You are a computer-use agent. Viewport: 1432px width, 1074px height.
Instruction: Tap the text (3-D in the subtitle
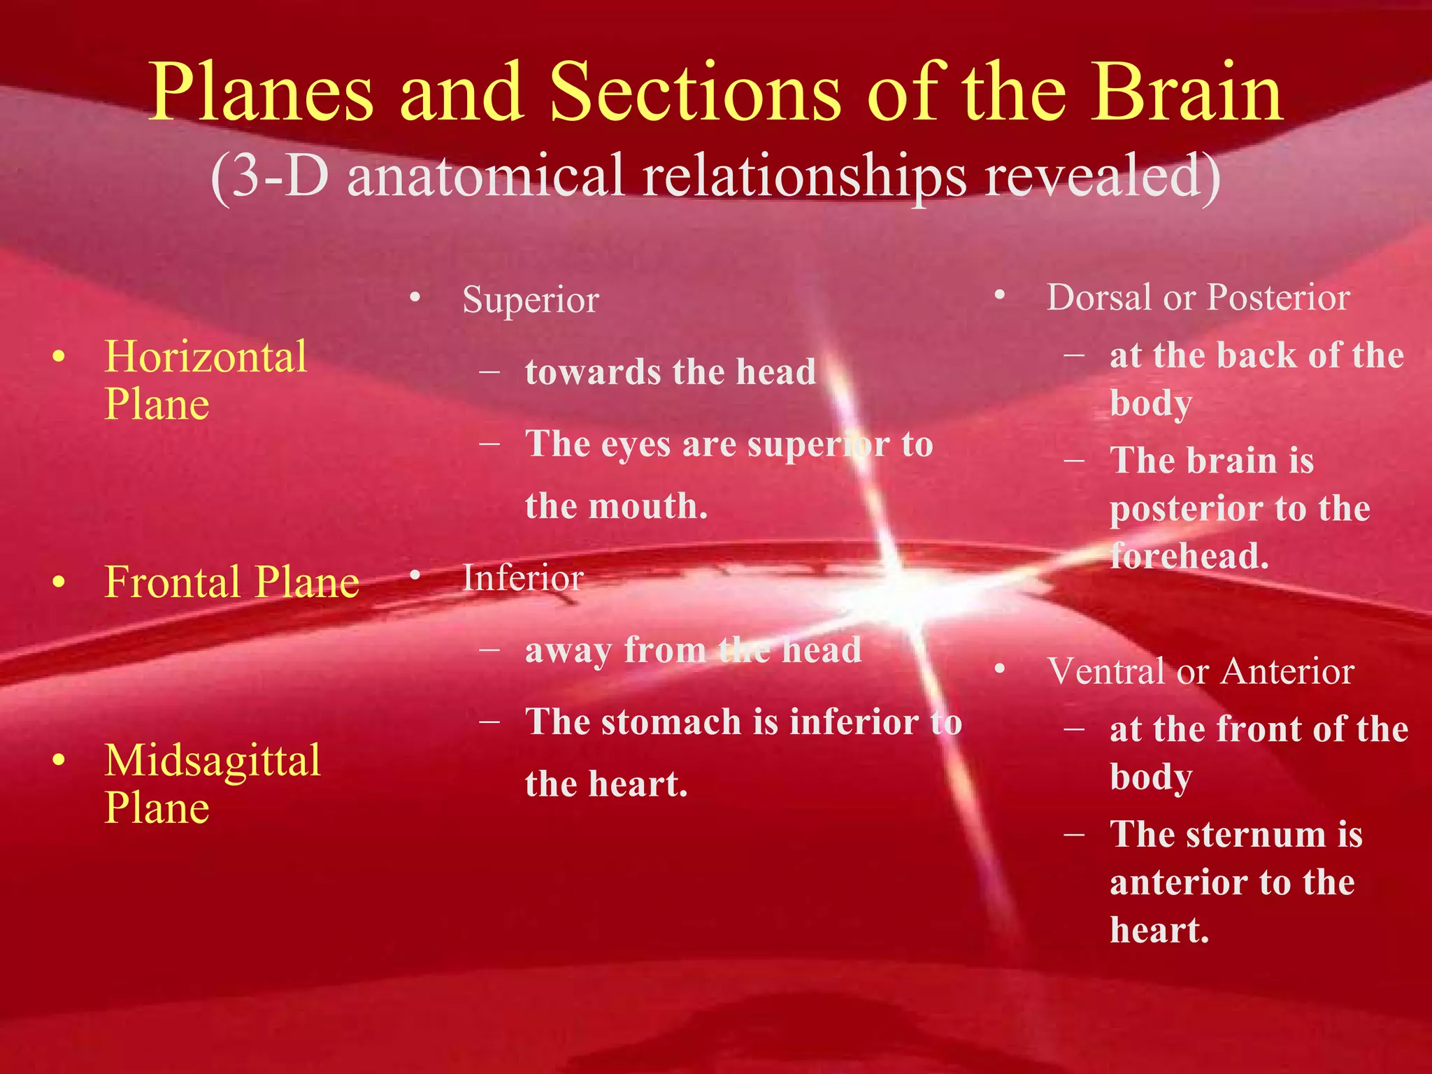click(x=269, y=176)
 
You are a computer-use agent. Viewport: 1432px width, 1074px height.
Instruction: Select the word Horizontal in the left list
click(x=206, y=357)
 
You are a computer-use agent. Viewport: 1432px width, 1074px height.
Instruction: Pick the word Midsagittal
click(x=213, y=760)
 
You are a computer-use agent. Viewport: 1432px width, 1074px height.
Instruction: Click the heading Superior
click(x=531, y=301)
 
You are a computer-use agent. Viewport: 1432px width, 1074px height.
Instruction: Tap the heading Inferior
click(x=522, y=578)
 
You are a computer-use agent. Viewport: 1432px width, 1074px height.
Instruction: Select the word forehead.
click(x=1189, y=557)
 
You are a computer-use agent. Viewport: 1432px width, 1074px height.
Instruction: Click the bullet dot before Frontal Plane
click(x=59, y=582)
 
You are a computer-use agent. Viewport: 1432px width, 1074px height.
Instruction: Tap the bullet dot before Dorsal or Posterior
click(x=1000, y=296)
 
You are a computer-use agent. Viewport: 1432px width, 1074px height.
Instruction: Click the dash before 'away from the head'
click(x=489, y=650)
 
